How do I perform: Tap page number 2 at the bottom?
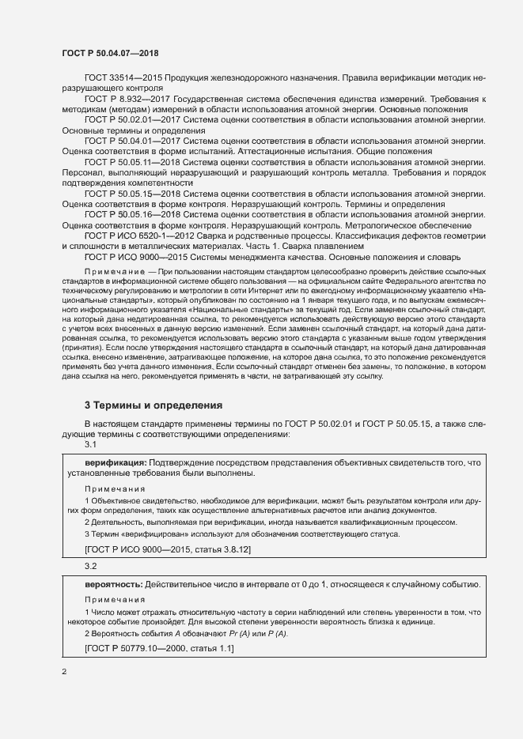coord(64,673)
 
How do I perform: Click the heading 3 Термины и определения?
coord(153,405)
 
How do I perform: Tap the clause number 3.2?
coord(91,567)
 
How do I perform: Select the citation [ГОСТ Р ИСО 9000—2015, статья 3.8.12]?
coord(167,549)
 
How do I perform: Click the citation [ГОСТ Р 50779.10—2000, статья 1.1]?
coord(159,648)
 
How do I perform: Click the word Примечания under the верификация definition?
coord(115,488)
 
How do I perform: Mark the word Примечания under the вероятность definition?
coord(115,600)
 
